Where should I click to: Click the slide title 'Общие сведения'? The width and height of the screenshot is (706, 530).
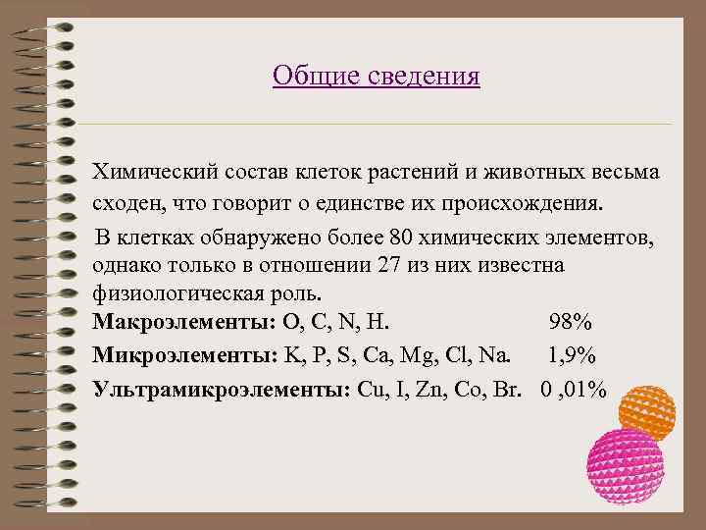[377, 76]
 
